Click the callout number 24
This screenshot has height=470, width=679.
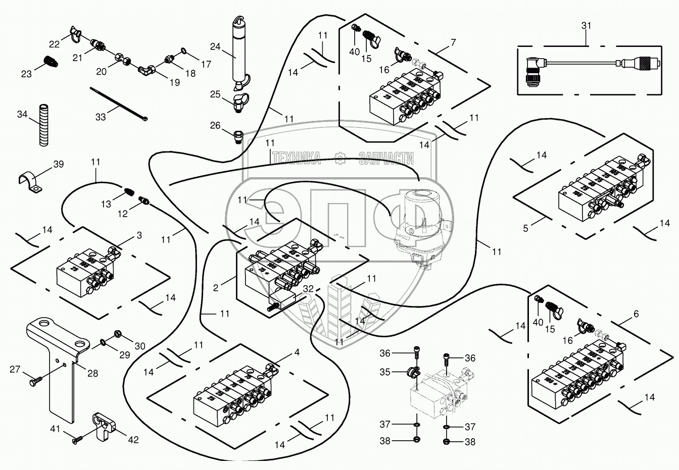pos(215,47)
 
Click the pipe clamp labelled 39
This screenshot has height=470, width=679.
pos(28,182)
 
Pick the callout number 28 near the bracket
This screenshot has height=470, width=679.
pos(92,373)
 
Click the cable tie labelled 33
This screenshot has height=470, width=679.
pos(119,104)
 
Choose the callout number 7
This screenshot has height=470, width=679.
pos(453,43)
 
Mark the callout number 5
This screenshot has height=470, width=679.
pos(525,229)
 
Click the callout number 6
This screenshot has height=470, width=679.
pos(636,314)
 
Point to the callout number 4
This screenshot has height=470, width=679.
pos(297,352)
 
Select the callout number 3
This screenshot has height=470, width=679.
pos(139,235)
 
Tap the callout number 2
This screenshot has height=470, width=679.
pos(216,288)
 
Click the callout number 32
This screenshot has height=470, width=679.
pos(308,289)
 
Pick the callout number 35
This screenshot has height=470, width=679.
pos(385,372)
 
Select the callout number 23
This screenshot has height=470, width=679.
pos(26,74)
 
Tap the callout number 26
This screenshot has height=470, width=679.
pos(215,125)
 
